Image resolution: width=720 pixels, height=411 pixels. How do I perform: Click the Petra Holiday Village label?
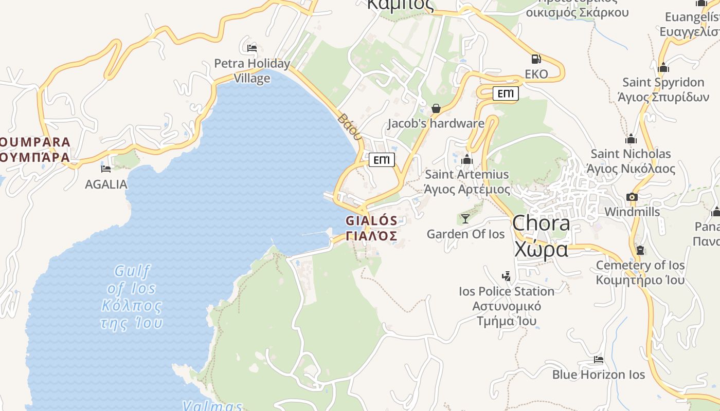252,71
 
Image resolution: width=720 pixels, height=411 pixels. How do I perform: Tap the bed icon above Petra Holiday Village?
252,48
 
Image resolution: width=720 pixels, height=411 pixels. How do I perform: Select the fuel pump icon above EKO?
536,59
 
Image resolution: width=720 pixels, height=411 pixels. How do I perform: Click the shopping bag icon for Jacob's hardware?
436,108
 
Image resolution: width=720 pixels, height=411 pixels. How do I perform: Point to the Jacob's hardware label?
436,123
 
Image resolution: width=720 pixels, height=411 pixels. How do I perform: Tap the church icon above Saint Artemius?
467,160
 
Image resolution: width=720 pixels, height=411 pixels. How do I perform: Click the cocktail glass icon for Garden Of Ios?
465,219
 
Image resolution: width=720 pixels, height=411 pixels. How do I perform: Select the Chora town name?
541,236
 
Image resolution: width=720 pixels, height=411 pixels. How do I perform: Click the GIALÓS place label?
371,228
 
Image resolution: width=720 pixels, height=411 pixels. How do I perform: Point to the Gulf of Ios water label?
132,296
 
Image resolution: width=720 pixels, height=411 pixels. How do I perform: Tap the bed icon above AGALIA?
106,169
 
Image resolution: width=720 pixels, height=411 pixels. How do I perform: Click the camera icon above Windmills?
632,197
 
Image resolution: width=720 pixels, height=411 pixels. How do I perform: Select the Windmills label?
632,212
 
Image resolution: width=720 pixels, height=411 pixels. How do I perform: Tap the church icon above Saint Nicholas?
631,139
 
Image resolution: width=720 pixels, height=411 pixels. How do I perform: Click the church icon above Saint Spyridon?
663,67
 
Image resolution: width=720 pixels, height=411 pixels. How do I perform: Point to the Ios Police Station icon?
507,276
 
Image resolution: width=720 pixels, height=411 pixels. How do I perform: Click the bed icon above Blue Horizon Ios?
598,360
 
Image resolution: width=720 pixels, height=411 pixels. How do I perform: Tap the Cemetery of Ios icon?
640,250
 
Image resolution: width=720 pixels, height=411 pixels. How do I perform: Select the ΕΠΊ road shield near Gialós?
382,160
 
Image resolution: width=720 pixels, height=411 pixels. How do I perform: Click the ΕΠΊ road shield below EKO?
506,94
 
